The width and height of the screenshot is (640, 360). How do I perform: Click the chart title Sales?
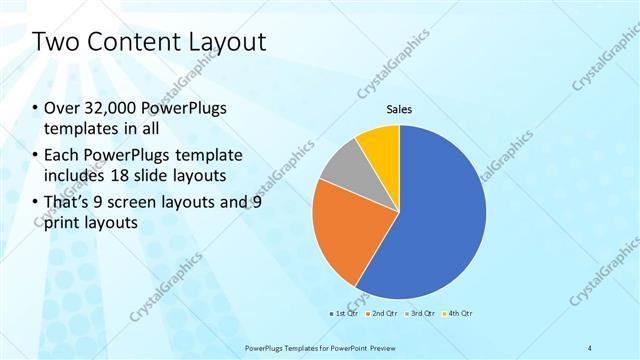(399, 109)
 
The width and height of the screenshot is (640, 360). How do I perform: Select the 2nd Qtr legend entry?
(384, 313)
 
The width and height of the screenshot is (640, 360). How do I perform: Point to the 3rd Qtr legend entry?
(422, 313)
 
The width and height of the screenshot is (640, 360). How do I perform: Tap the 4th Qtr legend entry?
(459, 313)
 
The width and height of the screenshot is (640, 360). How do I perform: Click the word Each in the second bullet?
(62, 157)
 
